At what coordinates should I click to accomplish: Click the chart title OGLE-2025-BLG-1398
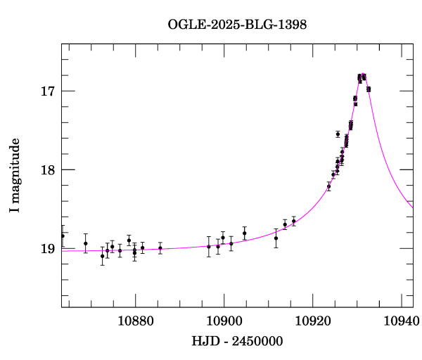(x=237, y=25)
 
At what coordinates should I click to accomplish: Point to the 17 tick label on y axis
(x=47, y=91)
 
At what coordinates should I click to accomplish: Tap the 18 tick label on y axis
(x=47, y=170)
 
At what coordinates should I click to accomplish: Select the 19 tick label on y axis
(x=47, y=249)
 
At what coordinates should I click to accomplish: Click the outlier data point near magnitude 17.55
(x=338, y=134)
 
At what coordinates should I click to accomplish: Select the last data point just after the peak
(x=369, y=89)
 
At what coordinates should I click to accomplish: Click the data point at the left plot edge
(x=63, y=236)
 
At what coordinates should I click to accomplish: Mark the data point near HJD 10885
(x=160, y=248)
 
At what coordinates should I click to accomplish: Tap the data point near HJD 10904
(x=244, y=233)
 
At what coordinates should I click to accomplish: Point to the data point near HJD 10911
(x=276, y=238)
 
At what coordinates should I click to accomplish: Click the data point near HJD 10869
(x=86, y=243)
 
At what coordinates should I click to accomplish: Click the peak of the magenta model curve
(x=362, y=75)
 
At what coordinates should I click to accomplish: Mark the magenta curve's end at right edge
(x=413, y=208)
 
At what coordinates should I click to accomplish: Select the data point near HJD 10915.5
(x=294, y=221)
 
